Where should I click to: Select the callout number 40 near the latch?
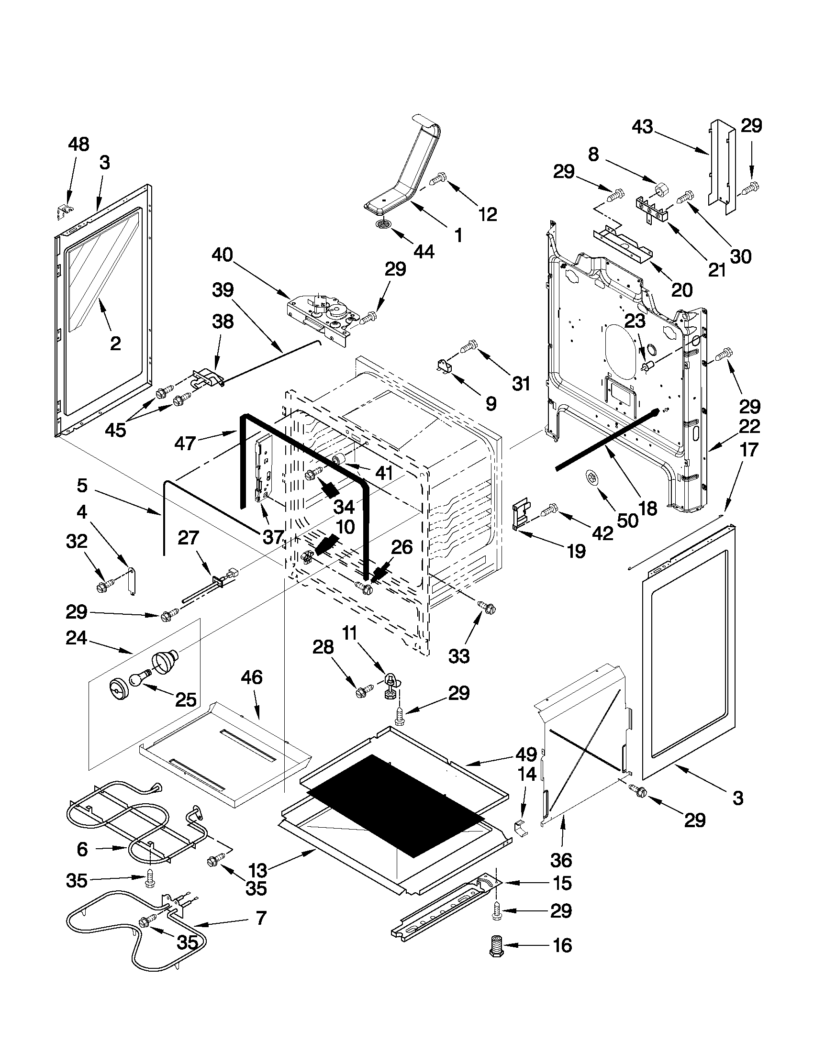click(222, 255)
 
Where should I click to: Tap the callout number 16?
click(562, 945)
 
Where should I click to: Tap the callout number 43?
click(643, 127)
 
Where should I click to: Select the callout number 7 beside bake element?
click(260, 918)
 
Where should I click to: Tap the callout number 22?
click(749, 426)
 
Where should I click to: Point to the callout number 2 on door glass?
click(115, 344)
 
